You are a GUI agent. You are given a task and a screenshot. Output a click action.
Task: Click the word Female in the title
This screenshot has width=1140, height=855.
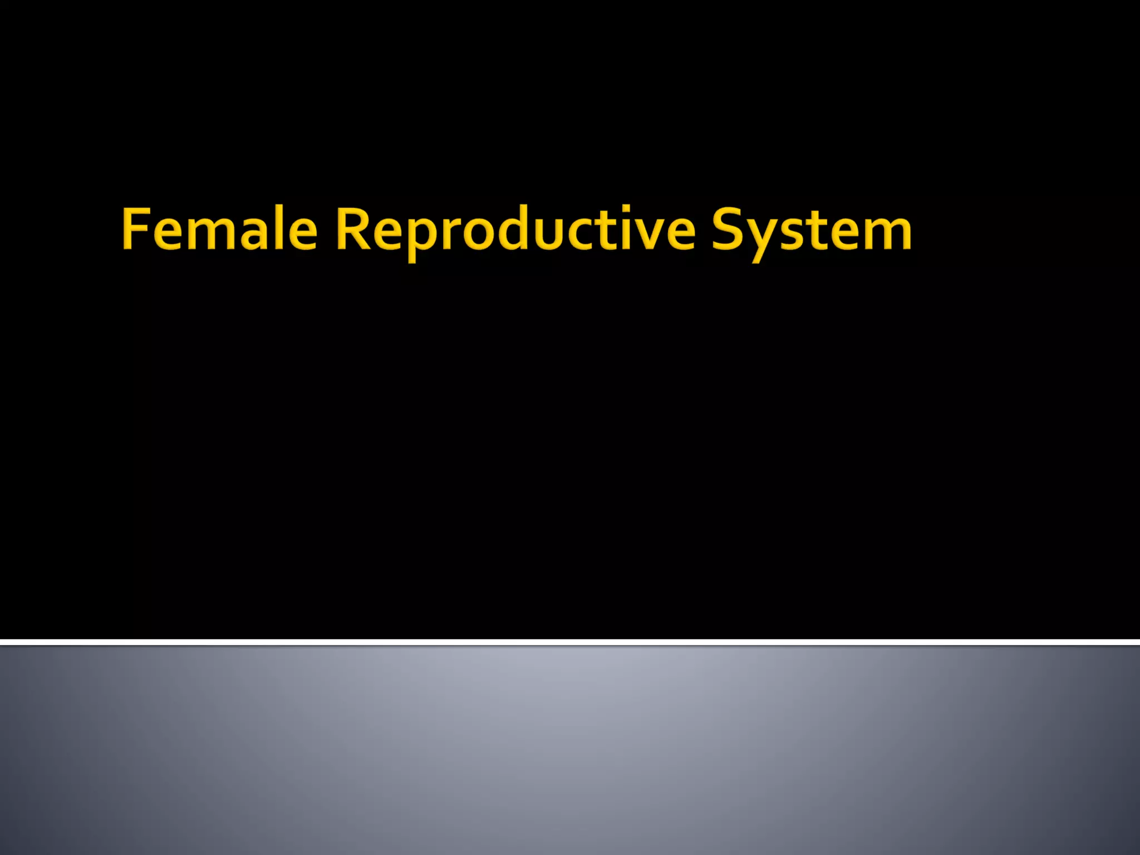point(219,229)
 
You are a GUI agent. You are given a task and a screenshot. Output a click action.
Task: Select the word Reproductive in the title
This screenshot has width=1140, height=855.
point(515,229)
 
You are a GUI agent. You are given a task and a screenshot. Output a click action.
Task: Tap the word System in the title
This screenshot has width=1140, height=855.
point(811,229)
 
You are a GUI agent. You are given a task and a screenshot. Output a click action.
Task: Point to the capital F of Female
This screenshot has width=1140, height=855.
point(135,228)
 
